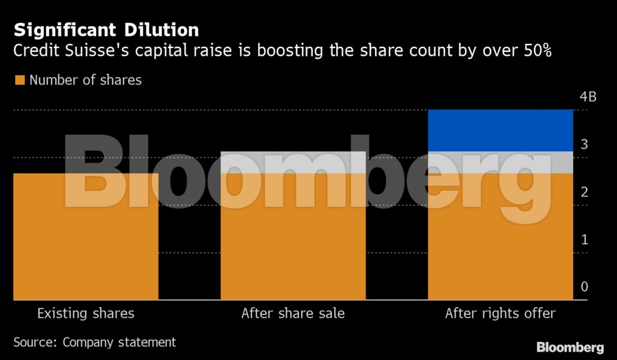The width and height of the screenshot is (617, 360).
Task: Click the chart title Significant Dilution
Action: (x=106, y=29)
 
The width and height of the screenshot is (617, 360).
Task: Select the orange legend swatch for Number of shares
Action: (x=20, y=80)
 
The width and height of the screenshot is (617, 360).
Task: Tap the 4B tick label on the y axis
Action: (x=588, y=97)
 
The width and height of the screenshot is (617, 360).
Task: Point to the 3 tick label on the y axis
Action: (x=584, y=145)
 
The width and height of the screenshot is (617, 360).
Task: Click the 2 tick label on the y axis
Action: (x=584, y=192)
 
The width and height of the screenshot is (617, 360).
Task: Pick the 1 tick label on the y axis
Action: (x=584, y=239)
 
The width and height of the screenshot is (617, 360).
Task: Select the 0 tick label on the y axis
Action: (x=584, y=287)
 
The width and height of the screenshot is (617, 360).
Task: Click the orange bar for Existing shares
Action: (x=86, y=252)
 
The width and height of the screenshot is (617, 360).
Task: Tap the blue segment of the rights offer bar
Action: (x=501, y=130)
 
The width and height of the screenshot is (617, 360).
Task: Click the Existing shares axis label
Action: (x=86, y=313)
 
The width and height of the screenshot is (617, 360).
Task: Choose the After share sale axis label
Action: (x=293, y=313)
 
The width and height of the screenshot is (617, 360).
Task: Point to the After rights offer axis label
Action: (x=501, y=313)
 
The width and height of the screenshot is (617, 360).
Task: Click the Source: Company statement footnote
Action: (x=95, y=342)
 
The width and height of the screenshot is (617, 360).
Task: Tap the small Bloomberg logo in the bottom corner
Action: (x=570, y=347)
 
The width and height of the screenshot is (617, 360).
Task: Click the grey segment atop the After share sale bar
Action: (x=293, y=162)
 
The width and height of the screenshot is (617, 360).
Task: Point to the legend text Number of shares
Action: (x=85, y=80)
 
